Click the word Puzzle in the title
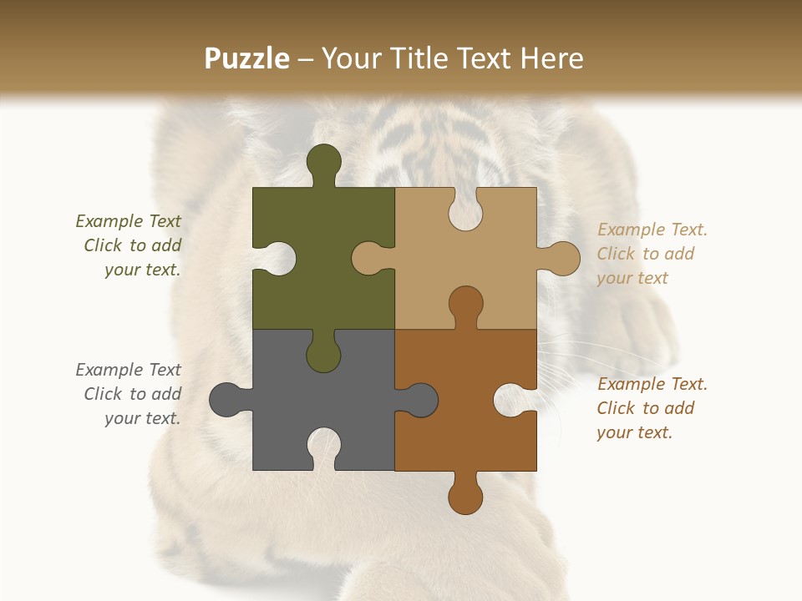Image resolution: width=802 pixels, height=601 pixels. point(247,58)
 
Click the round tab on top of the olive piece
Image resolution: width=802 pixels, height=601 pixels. point(323,161)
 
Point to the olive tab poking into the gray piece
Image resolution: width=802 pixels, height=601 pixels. point(323,354)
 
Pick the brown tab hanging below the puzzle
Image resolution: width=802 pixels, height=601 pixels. point(465,496)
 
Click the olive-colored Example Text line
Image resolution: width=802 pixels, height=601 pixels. point(128,221)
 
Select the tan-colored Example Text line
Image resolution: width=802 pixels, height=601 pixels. point(652,230)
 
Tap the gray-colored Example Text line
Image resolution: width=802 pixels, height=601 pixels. point(128,370)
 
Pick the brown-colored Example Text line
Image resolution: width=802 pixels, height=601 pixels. point(652,384)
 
